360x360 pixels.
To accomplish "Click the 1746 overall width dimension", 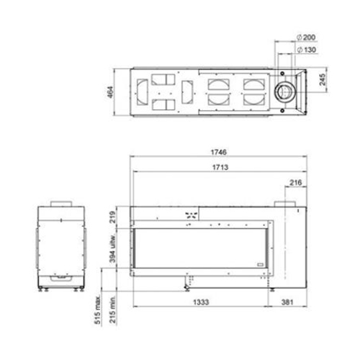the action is [x=218, y=152].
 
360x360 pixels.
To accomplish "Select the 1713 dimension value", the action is [x=220, y=167].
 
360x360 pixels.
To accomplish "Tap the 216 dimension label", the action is [x=295, y=183].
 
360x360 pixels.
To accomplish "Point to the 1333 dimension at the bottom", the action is [x=201, y=302].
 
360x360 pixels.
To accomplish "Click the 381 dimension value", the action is [x=287, y=302].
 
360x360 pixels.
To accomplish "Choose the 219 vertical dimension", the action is [x=112, y=217].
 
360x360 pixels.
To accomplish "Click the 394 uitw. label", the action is [x=112, y=248].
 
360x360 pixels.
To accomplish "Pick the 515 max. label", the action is [x=98, y=310].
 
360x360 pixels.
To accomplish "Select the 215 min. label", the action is [x=112, y=310].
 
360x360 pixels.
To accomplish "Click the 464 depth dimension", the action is [x=110, y=92].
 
